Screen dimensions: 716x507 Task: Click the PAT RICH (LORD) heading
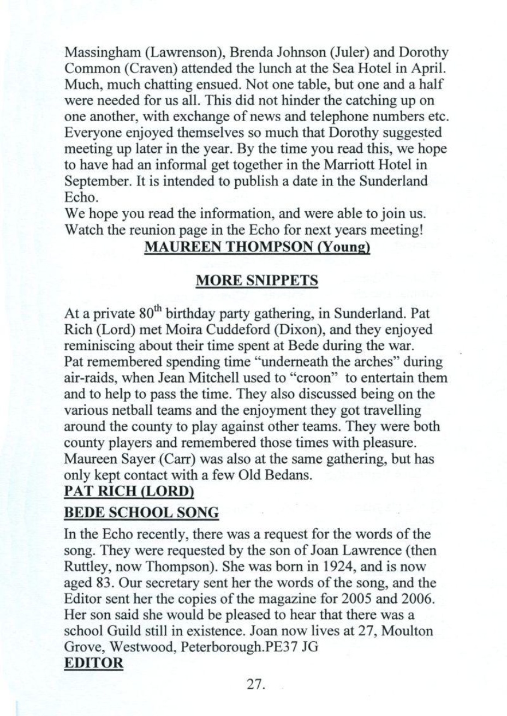click(x=129, y=491)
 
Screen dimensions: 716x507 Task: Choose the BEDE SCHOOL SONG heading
click(x=141, y=514)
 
